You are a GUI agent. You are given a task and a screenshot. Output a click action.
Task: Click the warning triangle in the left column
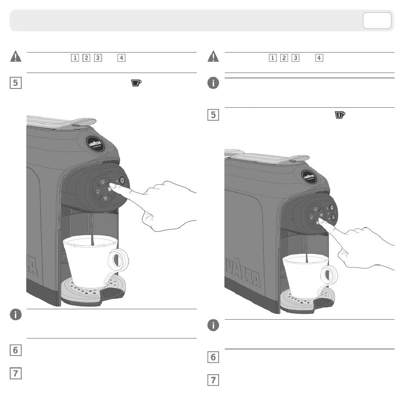(16, 57)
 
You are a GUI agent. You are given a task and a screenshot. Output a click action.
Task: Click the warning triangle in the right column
(213, 57)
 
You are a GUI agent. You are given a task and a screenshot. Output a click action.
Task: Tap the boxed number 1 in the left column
(75, 58)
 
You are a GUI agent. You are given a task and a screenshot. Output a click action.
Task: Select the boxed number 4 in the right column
(319, 58)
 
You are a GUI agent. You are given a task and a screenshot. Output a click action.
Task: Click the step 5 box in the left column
(15, 83)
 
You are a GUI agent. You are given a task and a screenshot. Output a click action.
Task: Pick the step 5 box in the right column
(213, 115)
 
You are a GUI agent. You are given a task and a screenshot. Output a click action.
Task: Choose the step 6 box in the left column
(15, 350)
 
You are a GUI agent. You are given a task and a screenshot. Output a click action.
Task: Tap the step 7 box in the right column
(213, 380)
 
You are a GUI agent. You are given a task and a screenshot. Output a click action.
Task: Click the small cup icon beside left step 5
(136, 83)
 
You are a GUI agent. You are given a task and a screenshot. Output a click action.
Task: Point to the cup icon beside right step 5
(340, 115)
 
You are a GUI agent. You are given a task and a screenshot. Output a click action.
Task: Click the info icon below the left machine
(16, 315)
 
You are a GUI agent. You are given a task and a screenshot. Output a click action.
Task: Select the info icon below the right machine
(213, 325)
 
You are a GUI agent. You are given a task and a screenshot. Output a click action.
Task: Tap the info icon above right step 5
(213, 83)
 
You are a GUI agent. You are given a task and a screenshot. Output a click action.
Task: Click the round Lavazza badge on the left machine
(95, 144)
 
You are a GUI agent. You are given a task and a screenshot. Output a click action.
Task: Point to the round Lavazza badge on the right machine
(309, 177)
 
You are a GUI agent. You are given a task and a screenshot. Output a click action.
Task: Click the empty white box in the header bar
(377, 20)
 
